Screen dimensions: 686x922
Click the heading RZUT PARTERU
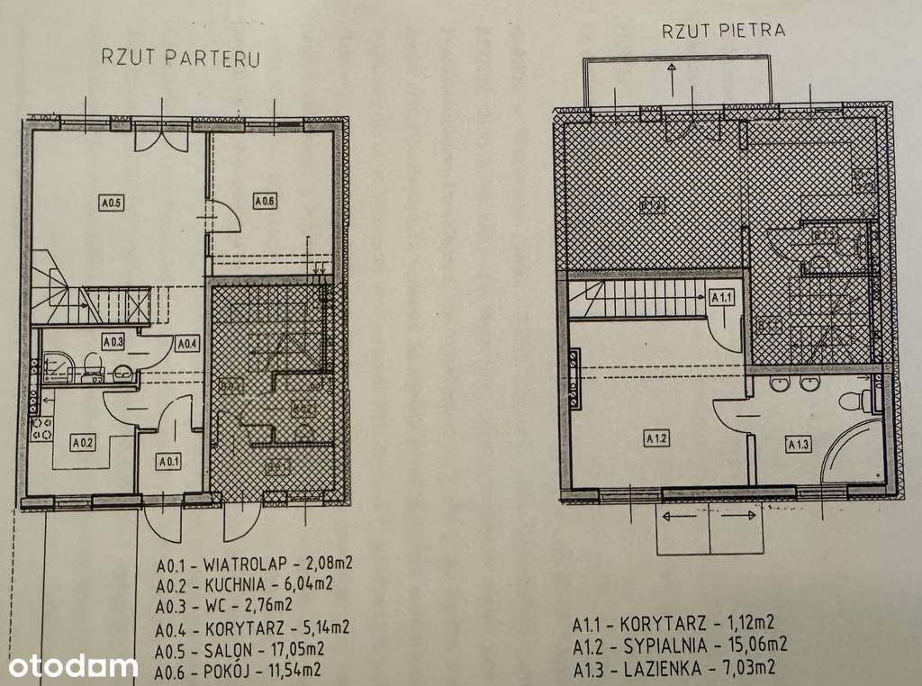click(181, 59)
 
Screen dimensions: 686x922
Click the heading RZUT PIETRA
click(723, 30)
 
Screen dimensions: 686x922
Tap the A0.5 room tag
click(111, 203)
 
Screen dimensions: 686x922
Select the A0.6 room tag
click(264, 202)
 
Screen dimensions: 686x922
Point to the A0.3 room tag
click(113, 342)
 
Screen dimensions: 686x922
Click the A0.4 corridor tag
click(186, 343)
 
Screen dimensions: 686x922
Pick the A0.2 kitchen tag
click(83, 442)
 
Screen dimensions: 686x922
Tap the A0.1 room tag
click(168, 463)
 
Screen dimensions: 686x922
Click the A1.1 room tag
click(723, 296)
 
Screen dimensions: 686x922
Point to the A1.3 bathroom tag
click(799, 443)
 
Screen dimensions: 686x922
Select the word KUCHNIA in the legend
click(235, 583)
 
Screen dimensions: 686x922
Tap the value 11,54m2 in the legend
click(289, 669)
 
